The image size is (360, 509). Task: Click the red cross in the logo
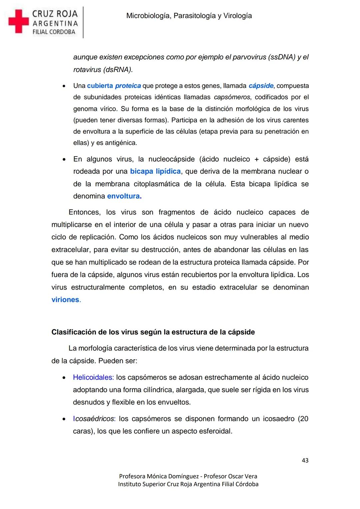click(19, 21)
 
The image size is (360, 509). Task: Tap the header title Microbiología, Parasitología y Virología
click(189, 16)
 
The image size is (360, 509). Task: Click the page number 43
click(305, 460)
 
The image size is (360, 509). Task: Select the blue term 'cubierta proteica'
click(114, 86)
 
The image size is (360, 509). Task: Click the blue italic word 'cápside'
click(261, 86)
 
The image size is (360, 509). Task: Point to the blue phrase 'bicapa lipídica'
click(155, 171)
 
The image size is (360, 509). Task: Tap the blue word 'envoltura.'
click(124, 196)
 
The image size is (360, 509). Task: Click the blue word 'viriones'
click(66, 300)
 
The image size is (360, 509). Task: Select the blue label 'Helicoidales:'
click(93, 377)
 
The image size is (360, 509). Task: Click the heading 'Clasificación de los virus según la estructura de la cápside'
click(153, 332)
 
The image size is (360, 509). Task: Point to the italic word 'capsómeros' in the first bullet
click(232, 97)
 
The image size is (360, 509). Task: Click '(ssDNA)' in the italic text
click(282, 57)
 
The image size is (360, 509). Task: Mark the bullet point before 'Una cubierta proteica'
click(63, 86)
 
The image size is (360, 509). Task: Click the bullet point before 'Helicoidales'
click(63, 378)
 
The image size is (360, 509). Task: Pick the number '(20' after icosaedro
click(303, 419)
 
